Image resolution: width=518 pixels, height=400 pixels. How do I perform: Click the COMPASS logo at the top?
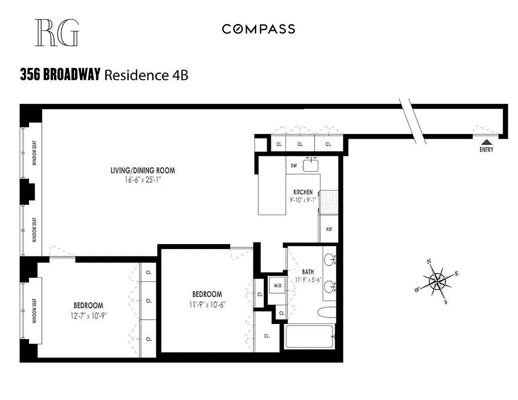tap(258, 29)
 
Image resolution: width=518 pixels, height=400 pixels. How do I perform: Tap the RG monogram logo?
tap(57, 33)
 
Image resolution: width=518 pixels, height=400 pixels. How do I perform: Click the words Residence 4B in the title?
tap(146, 75)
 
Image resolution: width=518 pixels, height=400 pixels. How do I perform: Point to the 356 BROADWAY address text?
tap(60, 75)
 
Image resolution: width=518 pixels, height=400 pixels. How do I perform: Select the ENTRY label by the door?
tap(486, 149)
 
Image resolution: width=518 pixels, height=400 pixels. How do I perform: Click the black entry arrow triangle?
tap(486, 141)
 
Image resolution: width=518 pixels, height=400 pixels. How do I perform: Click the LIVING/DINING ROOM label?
tap(143, 170)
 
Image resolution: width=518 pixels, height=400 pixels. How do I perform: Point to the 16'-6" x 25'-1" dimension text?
tap(143, 179)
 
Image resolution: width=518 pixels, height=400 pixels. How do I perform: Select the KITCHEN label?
tap(303, 192)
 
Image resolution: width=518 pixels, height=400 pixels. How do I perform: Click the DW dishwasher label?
tap(294, 165)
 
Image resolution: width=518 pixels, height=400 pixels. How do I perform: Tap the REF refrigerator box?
tap(329, 229)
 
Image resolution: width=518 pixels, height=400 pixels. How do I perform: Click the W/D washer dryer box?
tap(276, 286)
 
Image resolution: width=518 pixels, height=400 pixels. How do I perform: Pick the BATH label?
tap(307, 272)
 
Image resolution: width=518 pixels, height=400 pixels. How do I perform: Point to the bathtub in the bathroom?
tap(309, 337)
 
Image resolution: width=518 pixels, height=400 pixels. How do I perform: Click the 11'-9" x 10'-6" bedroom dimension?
tap(207, 303)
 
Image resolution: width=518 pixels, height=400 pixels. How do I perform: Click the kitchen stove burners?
tap(328, 201)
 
